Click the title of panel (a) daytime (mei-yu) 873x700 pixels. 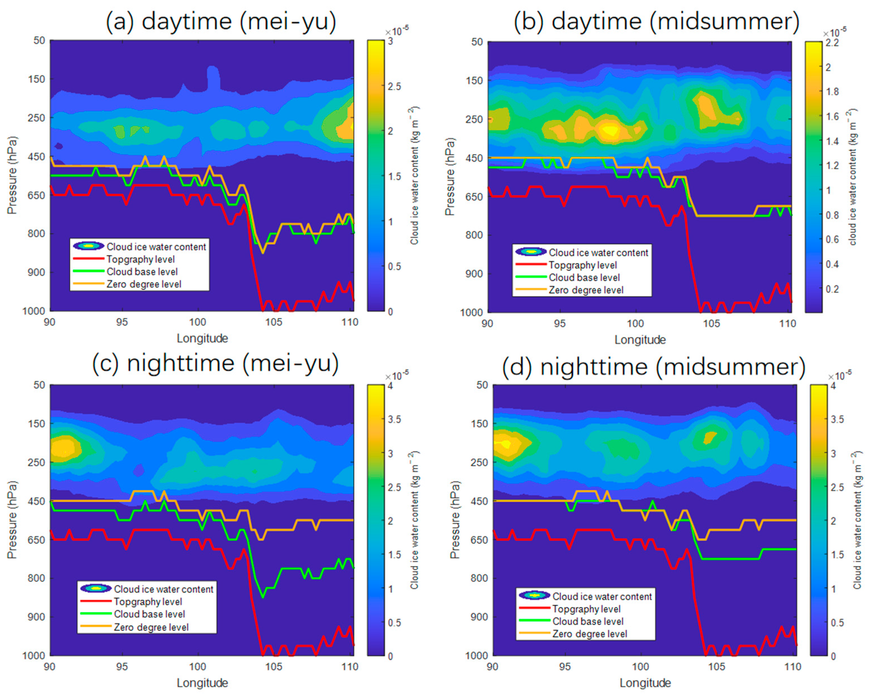pos(221,21)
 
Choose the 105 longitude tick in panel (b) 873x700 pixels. pos(711,323)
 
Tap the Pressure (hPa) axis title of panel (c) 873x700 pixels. pos(12,520)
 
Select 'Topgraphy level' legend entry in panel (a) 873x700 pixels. pos(141,259)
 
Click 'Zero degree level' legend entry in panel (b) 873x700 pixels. pos(586,290)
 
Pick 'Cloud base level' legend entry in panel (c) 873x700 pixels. pos(149,614)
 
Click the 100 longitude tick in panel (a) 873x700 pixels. pos(198,322)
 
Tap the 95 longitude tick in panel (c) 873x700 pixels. pos(122,666)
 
